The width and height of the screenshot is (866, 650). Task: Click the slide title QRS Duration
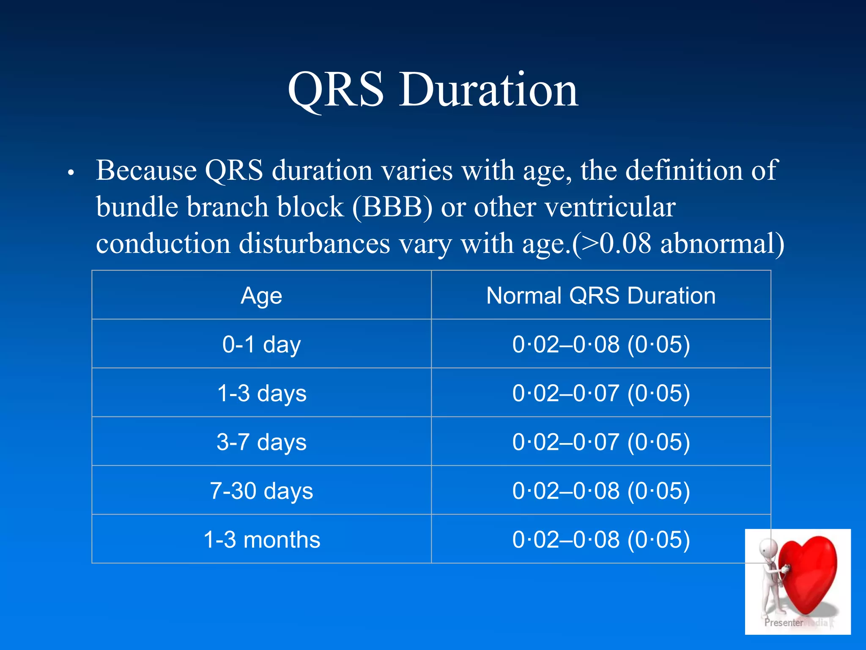433,90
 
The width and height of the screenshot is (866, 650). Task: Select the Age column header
261,296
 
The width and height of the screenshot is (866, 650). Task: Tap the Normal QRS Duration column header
601,295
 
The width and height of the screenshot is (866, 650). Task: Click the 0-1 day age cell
261,344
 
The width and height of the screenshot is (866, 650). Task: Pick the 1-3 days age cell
261,394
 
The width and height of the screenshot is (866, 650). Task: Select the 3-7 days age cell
261,442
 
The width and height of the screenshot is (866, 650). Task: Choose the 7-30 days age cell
261,491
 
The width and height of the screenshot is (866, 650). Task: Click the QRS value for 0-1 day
601,344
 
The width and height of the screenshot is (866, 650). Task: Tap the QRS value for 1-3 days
601,394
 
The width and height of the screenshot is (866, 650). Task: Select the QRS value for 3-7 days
601,442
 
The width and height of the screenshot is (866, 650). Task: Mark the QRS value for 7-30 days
601,491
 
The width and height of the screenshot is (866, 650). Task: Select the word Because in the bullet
146,170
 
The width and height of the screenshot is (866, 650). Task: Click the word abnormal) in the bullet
722,244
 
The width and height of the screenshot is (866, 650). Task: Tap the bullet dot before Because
71,173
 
